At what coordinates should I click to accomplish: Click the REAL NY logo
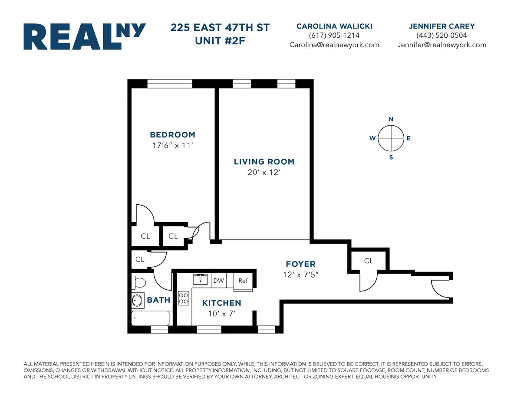click(84, 36)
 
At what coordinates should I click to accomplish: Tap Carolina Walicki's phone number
click(334, 36)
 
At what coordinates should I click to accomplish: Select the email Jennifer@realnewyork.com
click(442, 45)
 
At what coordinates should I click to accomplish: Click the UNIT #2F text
click(220, 40)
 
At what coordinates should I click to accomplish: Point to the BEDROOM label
click(172, 135)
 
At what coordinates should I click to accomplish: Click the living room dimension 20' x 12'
click(264, 172)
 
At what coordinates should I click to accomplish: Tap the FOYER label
click(300, 264)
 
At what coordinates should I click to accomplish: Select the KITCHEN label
click(221, 303)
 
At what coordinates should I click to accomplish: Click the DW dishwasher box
click(218, 281)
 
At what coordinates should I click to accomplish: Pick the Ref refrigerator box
click(243, 281)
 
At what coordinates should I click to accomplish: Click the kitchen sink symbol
click(200, 279)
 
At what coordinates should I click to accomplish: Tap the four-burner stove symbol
click(184, 298)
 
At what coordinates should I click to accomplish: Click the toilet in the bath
click(140, 283)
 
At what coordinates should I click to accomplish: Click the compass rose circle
click(391, 138)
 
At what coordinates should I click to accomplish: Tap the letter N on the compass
click(391, 119)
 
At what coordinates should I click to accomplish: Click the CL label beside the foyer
click(369, 261)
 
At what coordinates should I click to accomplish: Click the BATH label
click(158, 300)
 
